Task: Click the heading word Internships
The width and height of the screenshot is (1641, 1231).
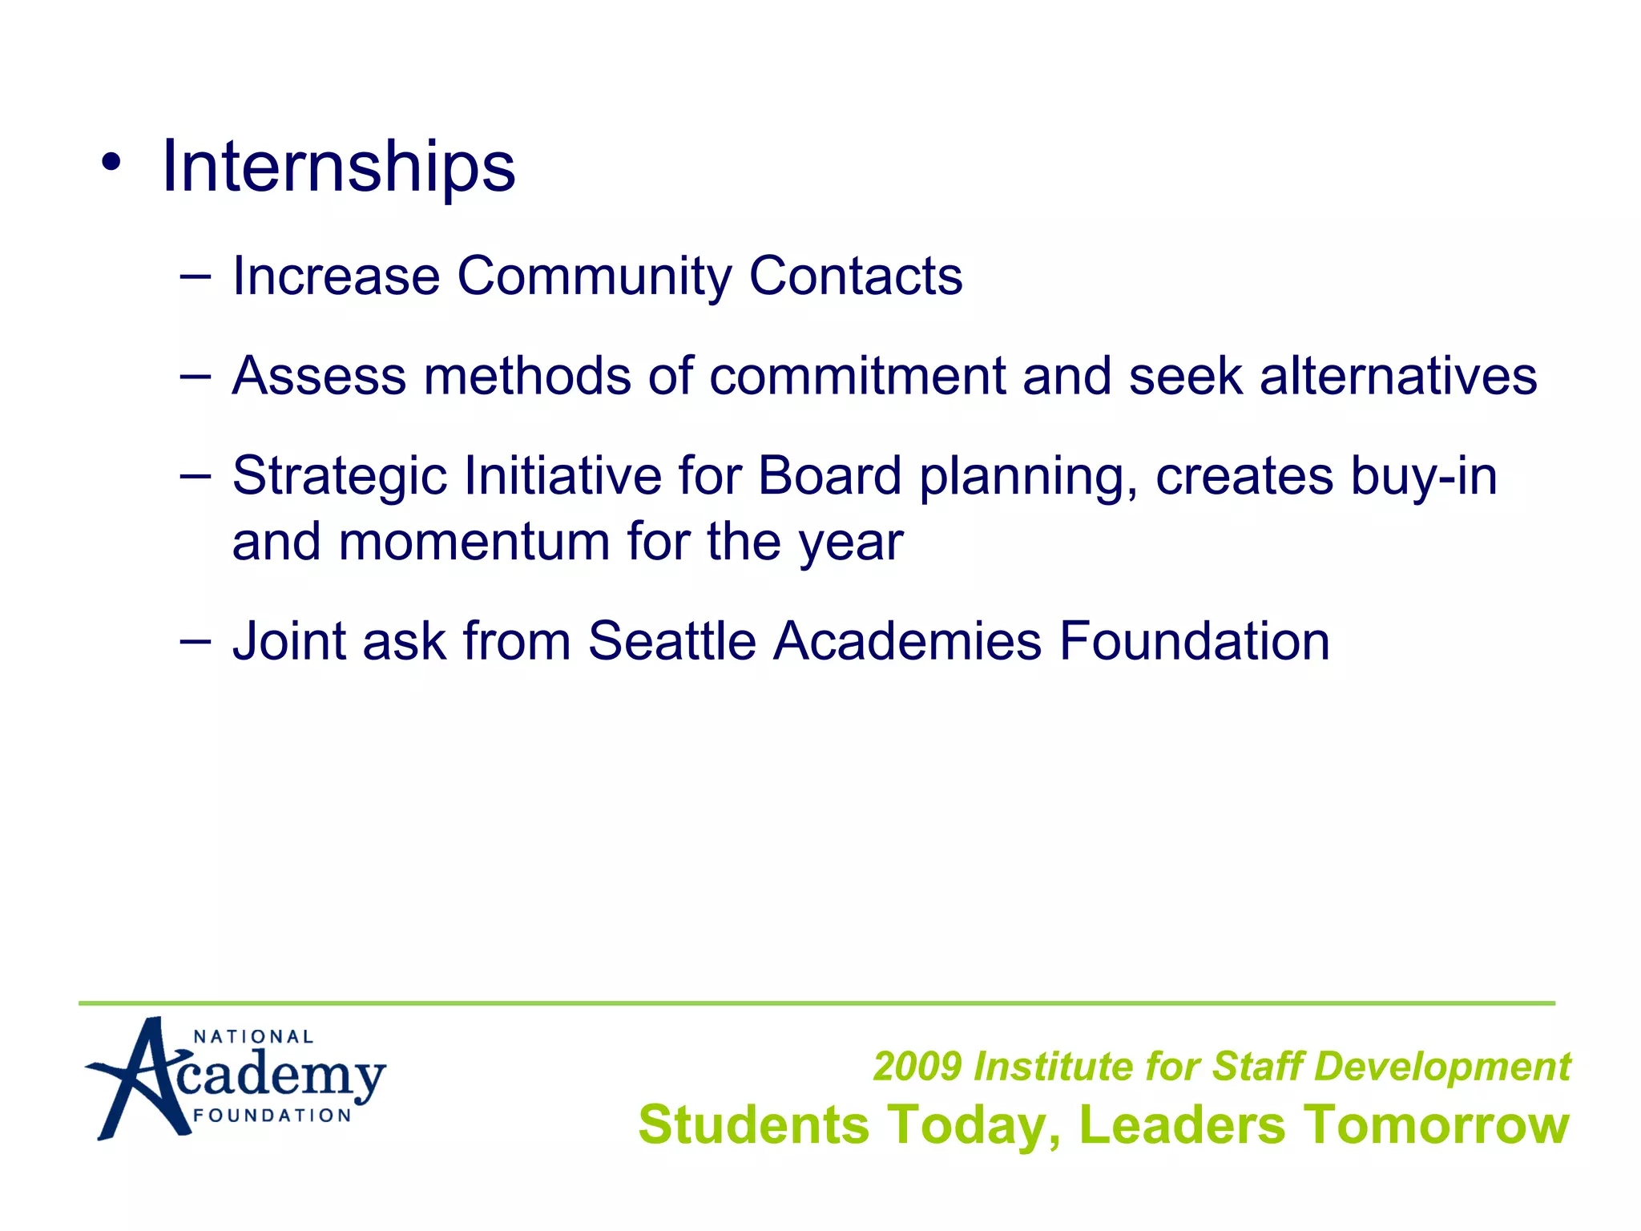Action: pyautogui.click(x=338, y=167)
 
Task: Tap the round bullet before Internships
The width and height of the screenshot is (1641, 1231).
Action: pyautogui.click(x=111, y=163)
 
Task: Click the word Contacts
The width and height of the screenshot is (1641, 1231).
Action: pyautogui.click(x=855, y=276)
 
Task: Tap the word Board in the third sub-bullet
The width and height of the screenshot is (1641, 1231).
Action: pyautogui.click(x=829, y=475)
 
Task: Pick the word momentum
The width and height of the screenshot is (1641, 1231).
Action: pyautogui.click(x=474, y=542)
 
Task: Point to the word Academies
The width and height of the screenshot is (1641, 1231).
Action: pyautogui.click(x=907, y=641)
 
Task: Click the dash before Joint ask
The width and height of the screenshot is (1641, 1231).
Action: pyautogui.click(x=196, y=641)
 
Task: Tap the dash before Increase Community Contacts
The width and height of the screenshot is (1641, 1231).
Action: pyautogui.click(x=196, y=276)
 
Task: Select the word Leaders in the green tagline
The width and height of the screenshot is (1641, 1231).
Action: pyautogui.click(x=1182, y=1124)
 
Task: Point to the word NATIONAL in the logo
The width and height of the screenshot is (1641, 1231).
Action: pyautogui.click(x=253, y=1036)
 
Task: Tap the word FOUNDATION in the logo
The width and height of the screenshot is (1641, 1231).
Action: pyautogui.click(x=272, y=1116)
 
